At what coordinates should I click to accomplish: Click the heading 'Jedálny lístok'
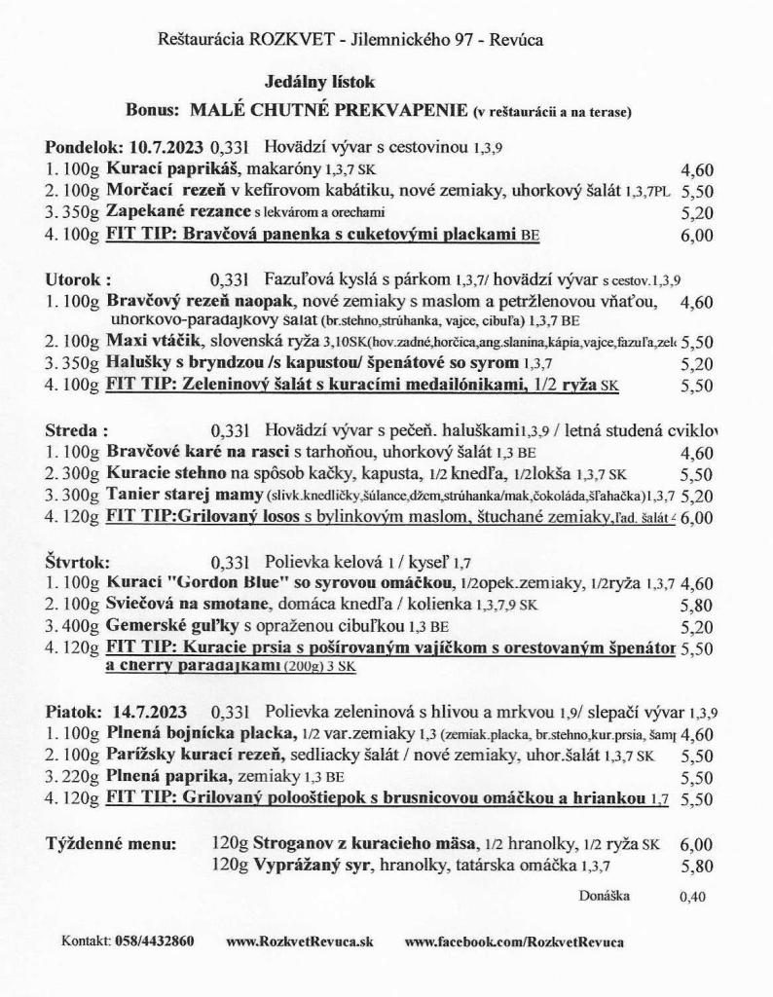[318, 82]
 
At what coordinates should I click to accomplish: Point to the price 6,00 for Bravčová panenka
[698, 235]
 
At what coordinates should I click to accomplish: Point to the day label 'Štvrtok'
[78, 562]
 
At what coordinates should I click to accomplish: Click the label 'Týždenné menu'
[110, 844]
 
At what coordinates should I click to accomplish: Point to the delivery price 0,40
[692, 897]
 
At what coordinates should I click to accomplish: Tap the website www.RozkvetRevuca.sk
[299, 942]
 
